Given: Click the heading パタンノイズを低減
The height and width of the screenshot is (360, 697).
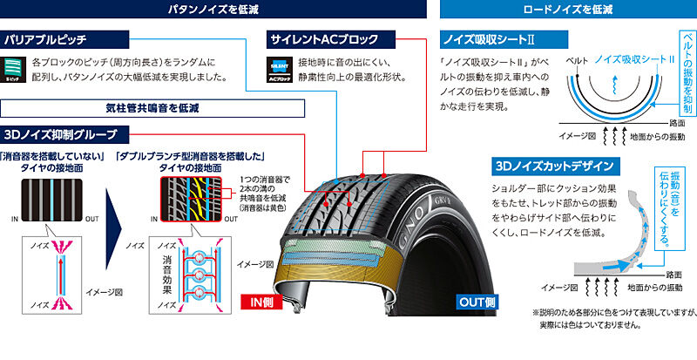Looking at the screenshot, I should [x=213, y=10].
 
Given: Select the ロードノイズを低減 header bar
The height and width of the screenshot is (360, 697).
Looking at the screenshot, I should [x=566, y=10].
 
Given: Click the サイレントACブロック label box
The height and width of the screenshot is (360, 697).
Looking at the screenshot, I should [x=323, y=39].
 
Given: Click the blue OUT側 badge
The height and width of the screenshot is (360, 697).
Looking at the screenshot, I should [x=476, y=302].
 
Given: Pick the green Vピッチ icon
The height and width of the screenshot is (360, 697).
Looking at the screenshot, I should [x=14, y=69].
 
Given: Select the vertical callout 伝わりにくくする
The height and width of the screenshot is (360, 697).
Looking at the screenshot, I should [x=664, y=209].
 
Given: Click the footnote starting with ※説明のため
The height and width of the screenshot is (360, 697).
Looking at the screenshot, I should [x=610, y=317].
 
